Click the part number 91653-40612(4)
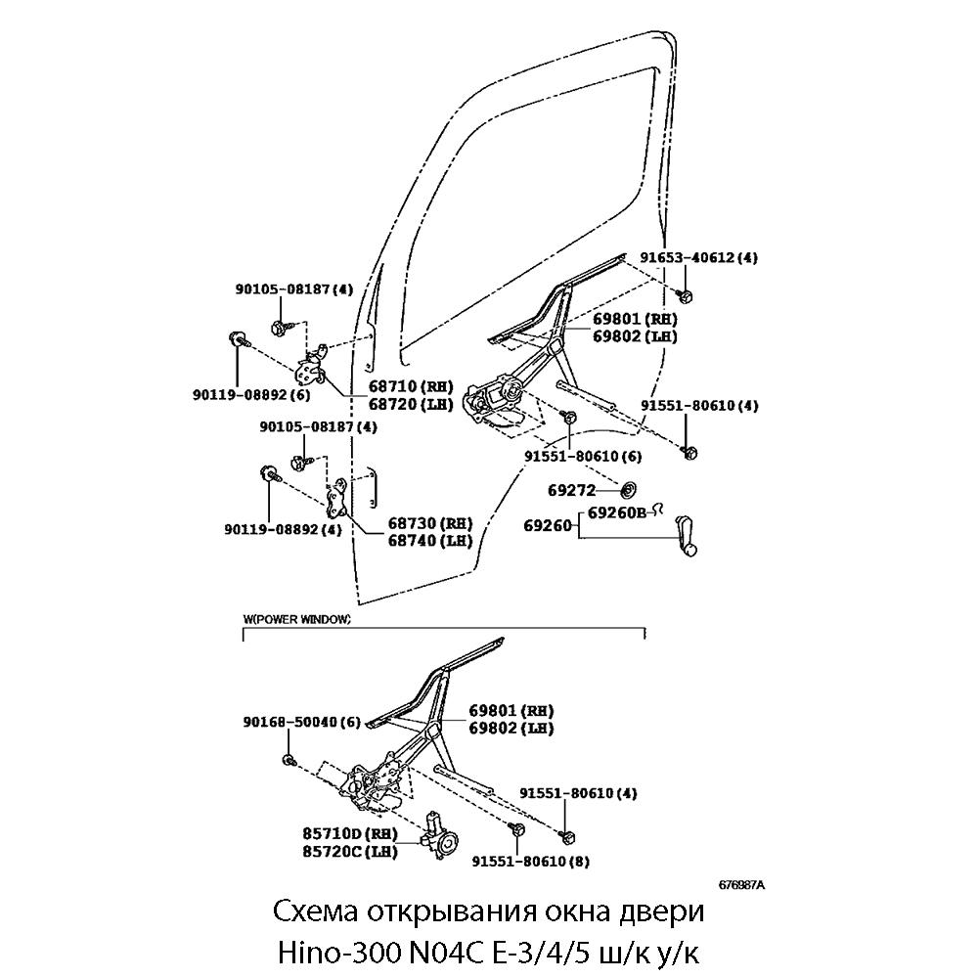tap(699, 258)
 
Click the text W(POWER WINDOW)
tap(296, 620)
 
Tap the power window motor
tap(442, 839)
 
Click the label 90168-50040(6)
tap(302, 723)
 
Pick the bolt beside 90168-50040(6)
tap(289, 760)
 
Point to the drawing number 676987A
tap(740, 884)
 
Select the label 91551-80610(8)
tap(530, 862)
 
